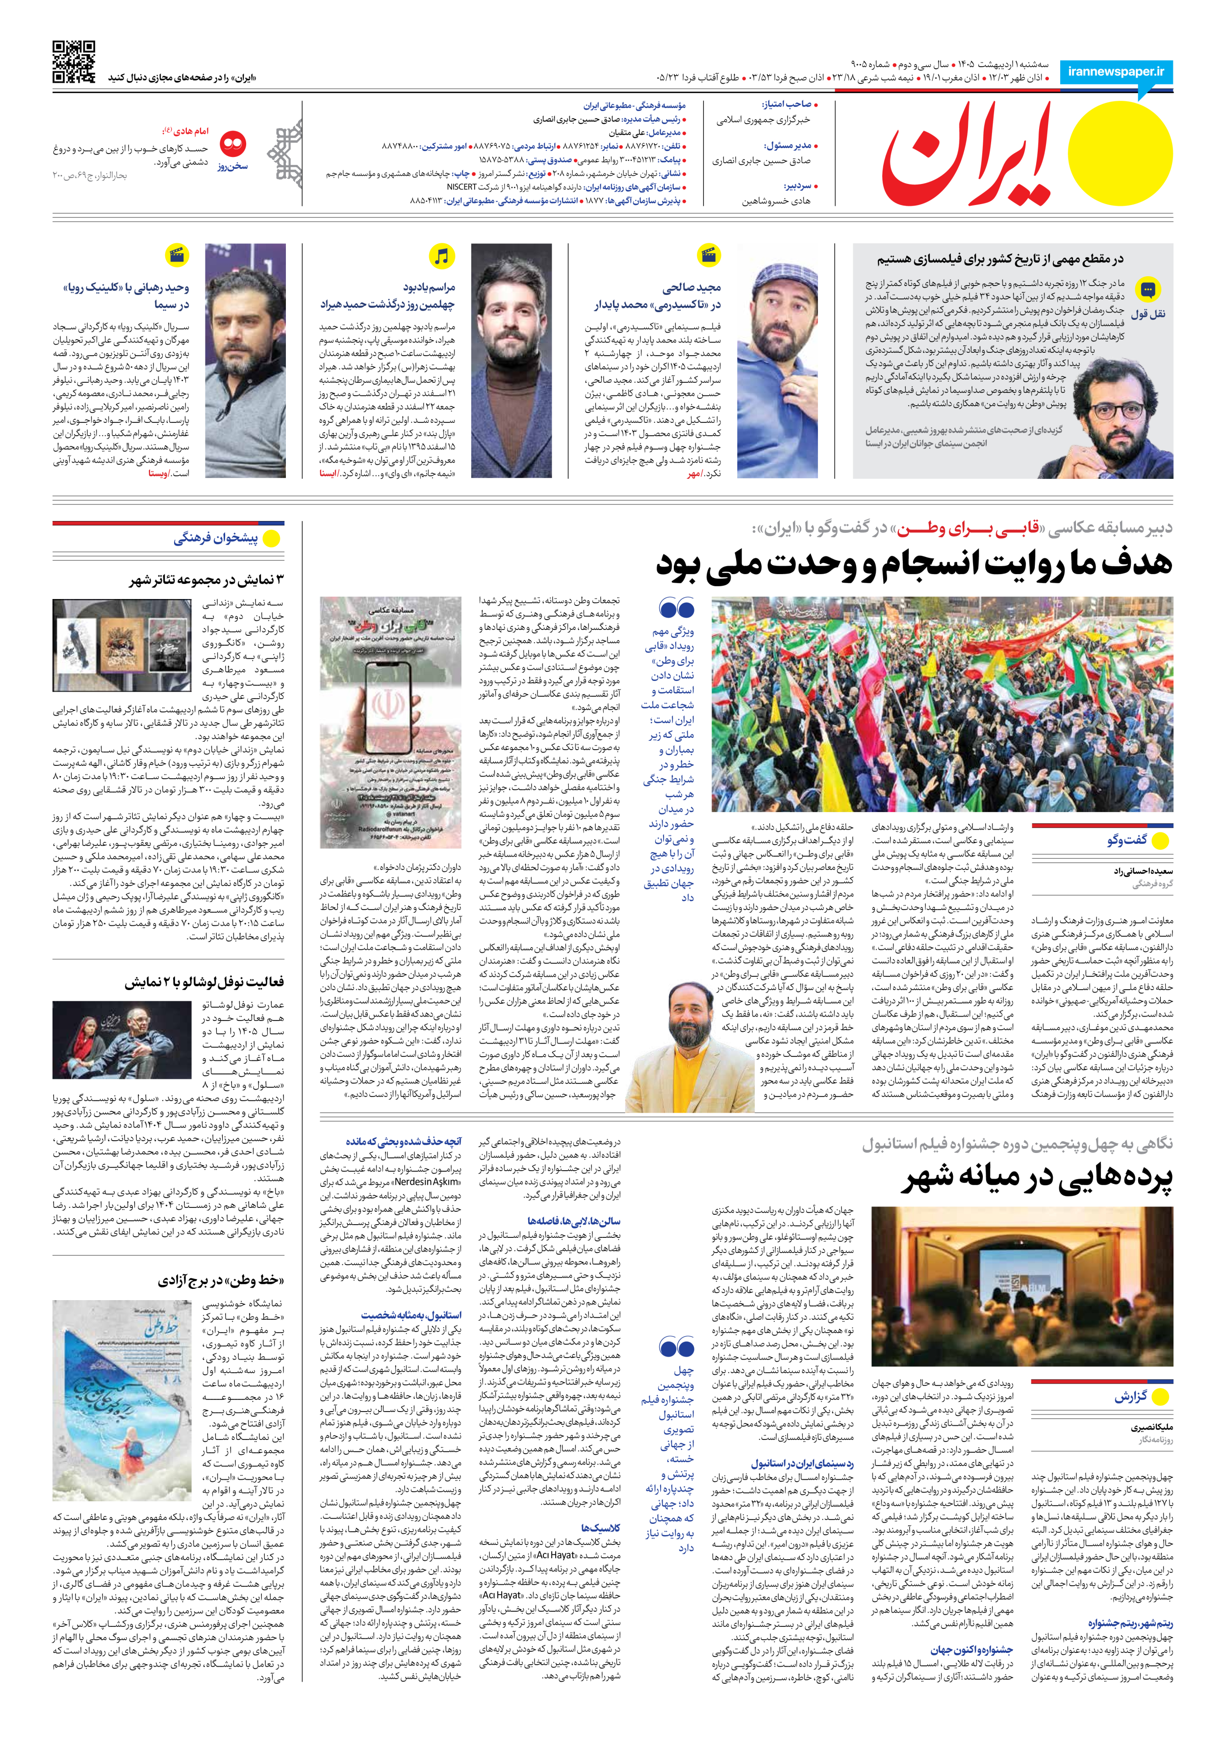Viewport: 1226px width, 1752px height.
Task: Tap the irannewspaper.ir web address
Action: coord(1116,72)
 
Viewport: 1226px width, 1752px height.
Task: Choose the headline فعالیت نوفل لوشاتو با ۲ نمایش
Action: coord(204,982)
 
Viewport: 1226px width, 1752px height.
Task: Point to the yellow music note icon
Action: coord(441,257)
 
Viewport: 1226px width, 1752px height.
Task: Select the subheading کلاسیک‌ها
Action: coord(600,1528)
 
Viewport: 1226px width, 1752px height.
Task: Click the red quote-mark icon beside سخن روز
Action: coord(232,143)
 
